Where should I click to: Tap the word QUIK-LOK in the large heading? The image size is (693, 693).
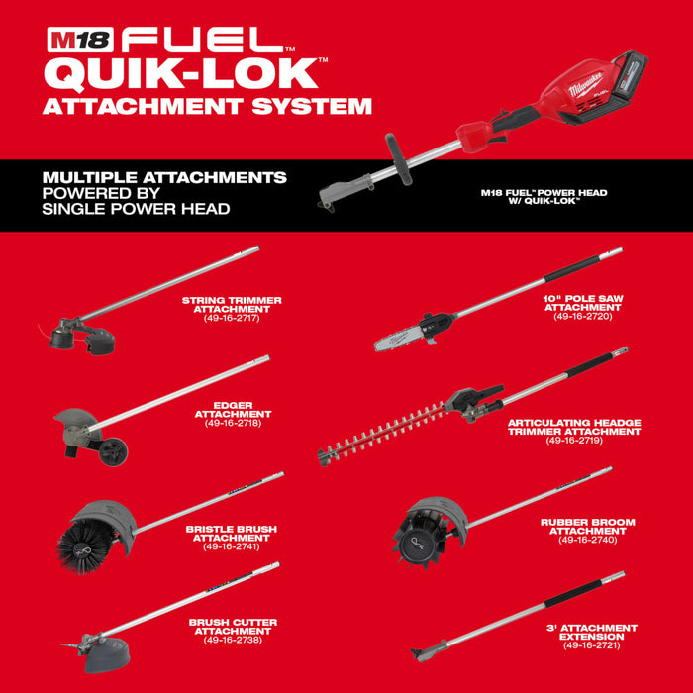pos(180,74)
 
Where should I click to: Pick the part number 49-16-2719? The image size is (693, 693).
pos(574,439)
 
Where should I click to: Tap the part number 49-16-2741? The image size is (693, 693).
pos(231,546)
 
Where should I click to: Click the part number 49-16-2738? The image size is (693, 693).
pos(232,640)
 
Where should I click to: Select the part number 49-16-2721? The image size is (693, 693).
pos(592,645)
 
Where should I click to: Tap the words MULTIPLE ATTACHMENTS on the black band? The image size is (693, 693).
pos(164,177)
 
